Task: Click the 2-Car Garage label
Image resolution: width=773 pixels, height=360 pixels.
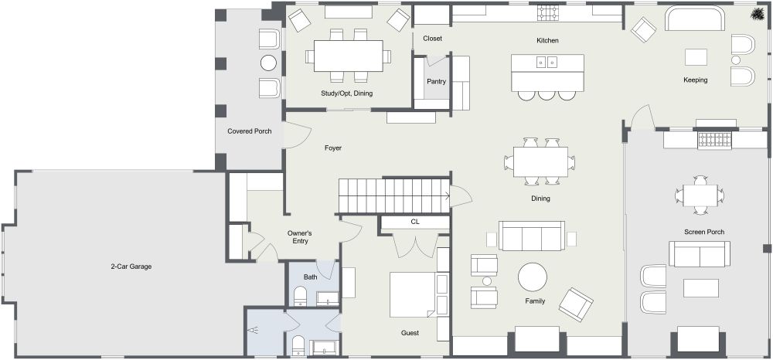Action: (x=130, y=267)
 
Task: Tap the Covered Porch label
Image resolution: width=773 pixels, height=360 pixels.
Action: (x=249, y=131)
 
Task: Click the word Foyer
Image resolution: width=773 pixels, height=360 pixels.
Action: (x=332, y=148)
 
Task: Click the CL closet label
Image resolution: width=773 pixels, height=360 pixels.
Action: (x=415, y=222)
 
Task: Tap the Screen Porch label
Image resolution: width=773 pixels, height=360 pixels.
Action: (x=703, y=232)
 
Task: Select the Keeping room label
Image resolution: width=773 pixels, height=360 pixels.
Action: (x=695, y=80)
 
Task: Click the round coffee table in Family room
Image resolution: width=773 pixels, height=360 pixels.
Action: (x=532, y=277)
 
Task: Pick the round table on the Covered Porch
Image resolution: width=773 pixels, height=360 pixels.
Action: (x=268, y=63)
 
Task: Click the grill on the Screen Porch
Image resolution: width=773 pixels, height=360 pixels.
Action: (x=714, y=140)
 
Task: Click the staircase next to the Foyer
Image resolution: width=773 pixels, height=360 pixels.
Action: (x=393, y=195)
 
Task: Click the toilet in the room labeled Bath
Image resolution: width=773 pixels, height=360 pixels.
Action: (x=301, y=295)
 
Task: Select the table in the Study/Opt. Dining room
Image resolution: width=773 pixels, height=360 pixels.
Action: (x=348, y=56)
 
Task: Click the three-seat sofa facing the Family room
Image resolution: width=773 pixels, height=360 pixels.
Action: (x=531, y=236)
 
